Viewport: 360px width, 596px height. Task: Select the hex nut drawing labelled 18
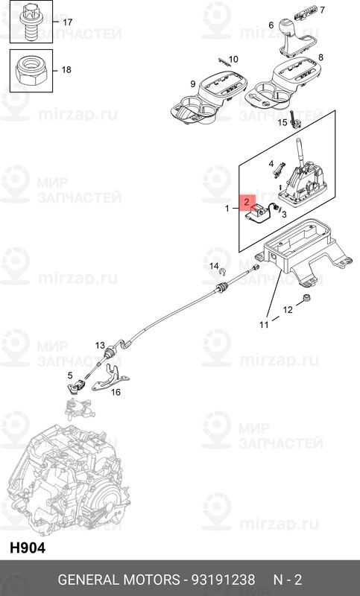click(31, 70)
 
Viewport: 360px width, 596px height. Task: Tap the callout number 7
click(323, 10)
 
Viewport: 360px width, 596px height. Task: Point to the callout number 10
click(233, 60)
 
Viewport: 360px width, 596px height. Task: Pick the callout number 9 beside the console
click(193, 83)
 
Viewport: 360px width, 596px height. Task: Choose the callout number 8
click(320, 57)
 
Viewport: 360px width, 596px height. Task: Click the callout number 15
click(282, 122)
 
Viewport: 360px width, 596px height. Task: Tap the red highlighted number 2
click(247, 202)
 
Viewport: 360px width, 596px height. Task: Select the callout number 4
click(271, 164)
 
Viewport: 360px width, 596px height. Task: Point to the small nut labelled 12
click(306, 297)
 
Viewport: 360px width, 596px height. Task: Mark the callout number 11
click(264, 325)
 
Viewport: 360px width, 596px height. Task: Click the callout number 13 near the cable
click(100, 346)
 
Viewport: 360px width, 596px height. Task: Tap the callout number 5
click(70, 375)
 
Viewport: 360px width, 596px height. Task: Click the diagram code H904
click(28, 548)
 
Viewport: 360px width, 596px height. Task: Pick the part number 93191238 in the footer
click(223, 580)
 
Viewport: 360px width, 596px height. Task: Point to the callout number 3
click(284, 214)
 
